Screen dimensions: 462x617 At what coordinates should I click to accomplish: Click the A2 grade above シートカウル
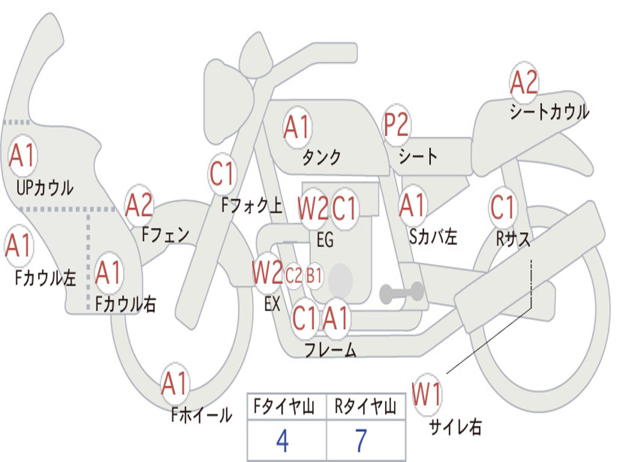point(524,83)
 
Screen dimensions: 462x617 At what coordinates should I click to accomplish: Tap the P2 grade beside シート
point(396,125)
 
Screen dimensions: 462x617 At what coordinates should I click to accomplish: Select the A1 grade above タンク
point(296,127)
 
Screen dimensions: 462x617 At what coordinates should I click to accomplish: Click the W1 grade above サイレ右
point(427,395)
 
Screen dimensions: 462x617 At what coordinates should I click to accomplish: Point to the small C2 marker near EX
point(293,276)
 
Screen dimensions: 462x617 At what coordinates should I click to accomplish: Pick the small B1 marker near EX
point(315,276)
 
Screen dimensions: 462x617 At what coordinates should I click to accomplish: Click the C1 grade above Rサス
point(503,208)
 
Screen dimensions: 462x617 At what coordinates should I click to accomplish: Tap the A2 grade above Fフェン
point(139,206)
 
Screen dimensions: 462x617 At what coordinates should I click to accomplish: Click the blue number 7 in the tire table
point(360,441)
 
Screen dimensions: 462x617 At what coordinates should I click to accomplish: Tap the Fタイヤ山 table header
point(283,408)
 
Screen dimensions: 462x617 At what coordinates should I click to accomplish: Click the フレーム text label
point(330,350)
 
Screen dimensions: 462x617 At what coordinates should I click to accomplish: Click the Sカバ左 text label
point(433,236)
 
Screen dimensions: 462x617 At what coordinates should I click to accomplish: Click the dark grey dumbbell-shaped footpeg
point(402,292)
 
